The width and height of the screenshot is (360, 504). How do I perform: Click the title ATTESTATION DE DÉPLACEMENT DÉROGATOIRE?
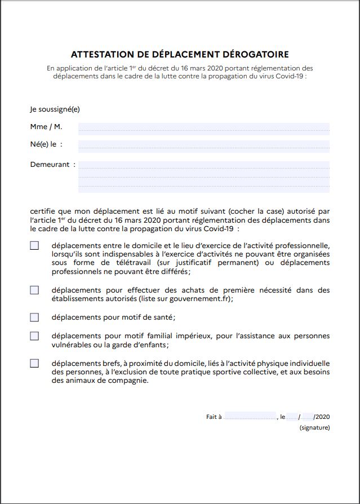tap(180, 55)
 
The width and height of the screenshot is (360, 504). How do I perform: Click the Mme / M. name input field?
tap(203, 128)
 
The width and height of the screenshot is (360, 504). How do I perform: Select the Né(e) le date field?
tap(203, 145)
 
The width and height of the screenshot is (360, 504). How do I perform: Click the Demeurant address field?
tap(203, 176)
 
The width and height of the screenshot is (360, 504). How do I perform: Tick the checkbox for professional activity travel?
tap(34, 246)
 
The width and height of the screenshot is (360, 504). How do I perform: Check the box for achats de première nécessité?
tap(34, 290)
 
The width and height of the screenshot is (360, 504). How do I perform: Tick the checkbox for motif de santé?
tap(34, 317)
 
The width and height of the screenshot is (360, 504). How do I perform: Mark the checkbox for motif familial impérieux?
tap(34, 336)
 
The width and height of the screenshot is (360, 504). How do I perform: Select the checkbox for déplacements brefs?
tap(34, 363)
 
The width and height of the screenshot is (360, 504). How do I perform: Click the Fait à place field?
tap(250, 417)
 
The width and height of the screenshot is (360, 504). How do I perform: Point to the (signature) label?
tap(314, 428)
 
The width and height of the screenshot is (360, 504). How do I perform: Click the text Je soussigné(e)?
tap(55, 109)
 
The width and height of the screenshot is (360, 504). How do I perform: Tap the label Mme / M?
tap(46, 127)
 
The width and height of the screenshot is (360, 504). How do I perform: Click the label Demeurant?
tap(50, 165)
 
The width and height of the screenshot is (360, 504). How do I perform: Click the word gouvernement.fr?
tap(201, 299)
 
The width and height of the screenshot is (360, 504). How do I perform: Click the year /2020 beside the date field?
tap(322, 417)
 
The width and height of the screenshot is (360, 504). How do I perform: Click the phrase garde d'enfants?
tap(142, 344)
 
